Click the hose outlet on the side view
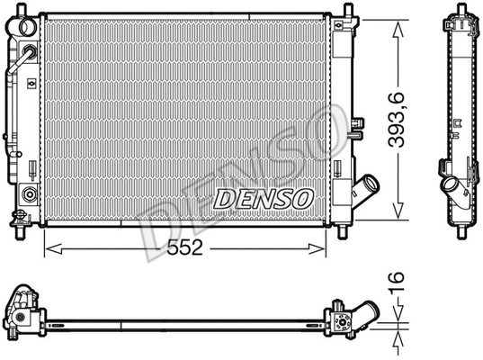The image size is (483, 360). [x=449, y=189]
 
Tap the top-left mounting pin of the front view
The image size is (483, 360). [x=25, y=9]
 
